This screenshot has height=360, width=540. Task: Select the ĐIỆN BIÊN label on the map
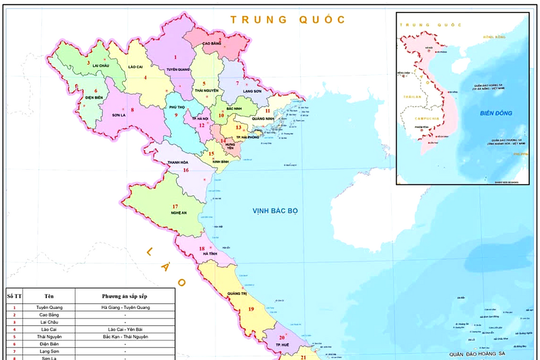coord(94,97)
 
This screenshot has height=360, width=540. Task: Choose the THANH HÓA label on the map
coord(178,163)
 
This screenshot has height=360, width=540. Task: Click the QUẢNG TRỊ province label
coord(237,293)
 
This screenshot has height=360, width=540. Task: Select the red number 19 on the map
coord(251,309)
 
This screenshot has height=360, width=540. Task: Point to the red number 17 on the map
coord(175,206)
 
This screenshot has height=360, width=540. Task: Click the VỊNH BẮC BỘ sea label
coord(275,211)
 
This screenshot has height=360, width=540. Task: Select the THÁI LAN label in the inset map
coord(413,96)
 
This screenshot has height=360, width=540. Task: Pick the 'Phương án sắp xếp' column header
coord(125,296)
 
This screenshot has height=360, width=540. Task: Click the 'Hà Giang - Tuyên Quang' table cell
coord(125,307)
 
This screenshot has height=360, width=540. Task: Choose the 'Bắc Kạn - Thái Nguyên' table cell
coord(125,337)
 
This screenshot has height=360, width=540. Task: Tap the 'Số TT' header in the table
coord(14,296)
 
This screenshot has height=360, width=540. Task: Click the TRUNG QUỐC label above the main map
coord(288,20)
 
